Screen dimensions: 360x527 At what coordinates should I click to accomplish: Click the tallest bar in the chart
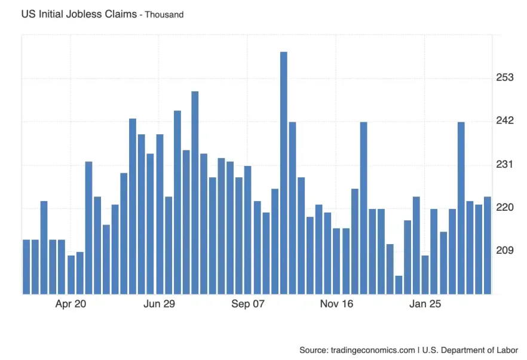coord(284,173)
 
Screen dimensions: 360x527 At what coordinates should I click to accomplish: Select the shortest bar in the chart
coord(399,285)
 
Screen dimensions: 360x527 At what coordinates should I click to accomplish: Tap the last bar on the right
coord(488,245)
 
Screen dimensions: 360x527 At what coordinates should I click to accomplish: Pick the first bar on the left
coord(26,266)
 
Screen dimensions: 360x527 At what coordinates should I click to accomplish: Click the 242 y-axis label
coord(505,121)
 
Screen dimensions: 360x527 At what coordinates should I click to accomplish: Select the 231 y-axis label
coord(505,164)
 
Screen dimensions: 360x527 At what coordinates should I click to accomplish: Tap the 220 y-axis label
coord(505,207)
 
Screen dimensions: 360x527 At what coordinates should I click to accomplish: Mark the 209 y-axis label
coord(505,250)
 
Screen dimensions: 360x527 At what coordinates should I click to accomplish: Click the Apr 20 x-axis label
coord(71,304)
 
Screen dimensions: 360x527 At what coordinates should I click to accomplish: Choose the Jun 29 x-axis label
coord(160,304)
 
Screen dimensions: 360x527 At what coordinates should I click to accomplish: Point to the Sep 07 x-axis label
coord(248,304)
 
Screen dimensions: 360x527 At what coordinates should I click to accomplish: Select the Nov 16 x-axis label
coord(336,304)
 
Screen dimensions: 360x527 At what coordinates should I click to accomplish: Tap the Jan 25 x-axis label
coord(425,304)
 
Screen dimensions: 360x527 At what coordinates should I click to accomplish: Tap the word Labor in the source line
coord(507,350)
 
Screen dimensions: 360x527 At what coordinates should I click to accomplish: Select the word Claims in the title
coord(120,13)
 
